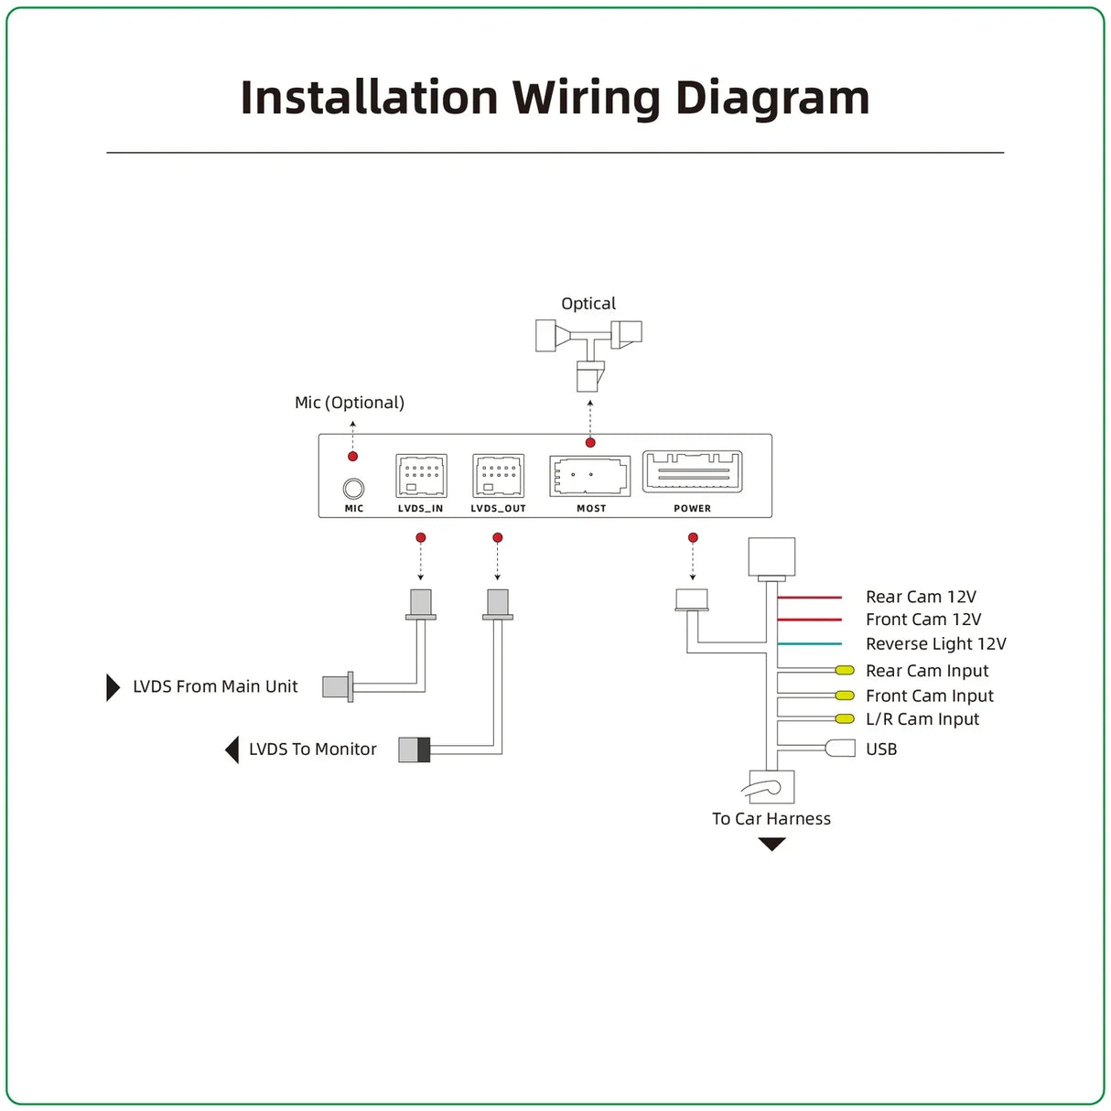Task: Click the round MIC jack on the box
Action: click(x=353, y=489)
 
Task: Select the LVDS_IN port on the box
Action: click(x=421, y=476)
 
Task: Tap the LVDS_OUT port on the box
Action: click(x=498, y=476)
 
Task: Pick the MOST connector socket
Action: click(x=589, y=476)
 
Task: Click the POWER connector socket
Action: click(x=693, y=471)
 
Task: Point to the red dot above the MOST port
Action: click(x=590, y=443)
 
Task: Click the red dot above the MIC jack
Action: click(x=353, y=457)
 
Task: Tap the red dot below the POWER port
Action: click(x=693, y=537)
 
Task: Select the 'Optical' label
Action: click(x=588, y=304)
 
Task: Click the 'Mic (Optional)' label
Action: click(x=350, y=403)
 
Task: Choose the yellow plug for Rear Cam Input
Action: click(x=845, y=670)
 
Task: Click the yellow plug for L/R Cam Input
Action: click(x=845, y=718)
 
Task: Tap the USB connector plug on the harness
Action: click(x=840, y=749)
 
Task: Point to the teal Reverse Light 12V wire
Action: click(x=810, y=643)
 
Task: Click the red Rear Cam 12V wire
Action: click(x=810, y=598)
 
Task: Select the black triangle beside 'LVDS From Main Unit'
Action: click(x=113, y=687)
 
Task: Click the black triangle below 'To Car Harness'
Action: click(x=772, y=844)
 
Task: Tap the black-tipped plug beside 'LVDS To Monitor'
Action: click(x=415, y=750)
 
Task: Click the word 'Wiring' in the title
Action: click(x=587, y=99)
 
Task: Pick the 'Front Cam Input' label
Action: click(x=930, y=696)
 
